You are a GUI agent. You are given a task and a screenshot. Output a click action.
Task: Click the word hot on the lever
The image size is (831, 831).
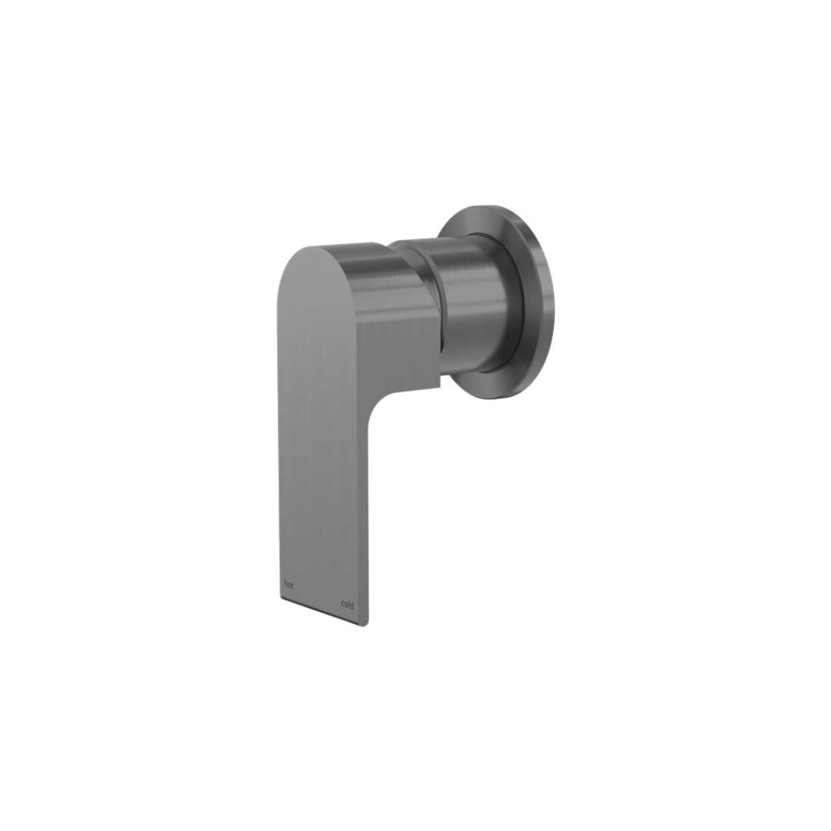289,585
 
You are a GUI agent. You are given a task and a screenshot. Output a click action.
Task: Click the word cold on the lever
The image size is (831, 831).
347,605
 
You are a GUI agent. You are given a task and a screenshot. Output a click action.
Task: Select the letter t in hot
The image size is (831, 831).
292,586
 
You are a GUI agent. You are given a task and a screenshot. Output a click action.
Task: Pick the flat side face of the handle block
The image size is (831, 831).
400,331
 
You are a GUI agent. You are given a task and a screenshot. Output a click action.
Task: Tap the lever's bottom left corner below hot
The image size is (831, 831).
282,598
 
